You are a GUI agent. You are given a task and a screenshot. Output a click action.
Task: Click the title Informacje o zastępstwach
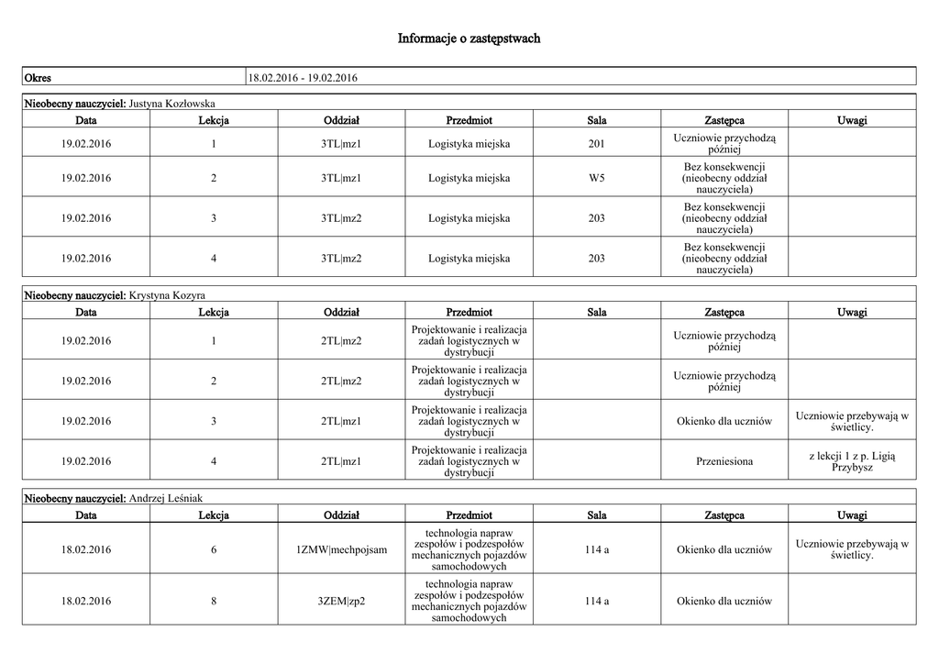click(469, 39)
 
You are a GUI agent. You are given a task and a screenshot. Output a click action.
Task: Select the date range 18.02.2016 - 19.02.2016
click(303, 77)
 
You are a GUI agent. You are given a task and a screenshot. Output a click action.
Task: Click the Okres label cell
click(38, 77)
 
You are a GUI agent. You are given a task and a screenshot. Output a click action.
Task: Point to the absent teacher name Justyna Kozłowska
click(172, 103)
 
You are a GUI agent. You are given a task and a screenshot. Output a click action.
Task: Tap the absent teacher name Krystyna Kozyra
click(167, 295)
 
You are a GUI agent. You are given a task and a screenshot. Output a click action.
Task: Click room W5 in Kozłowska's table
click(596, 178)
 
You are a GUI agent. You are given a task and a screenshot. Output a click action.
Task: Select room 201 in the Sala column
click(596, 143)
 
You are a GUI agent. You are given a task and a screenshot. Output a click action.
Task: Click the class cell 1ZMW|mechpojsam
click(341, 549)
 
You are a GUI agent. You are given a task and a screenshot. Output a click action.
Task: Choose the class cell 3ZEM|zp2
click(341, 601)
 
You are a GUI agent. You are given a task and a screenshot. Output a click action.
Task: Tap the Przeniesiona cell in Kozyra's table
click(724, 461)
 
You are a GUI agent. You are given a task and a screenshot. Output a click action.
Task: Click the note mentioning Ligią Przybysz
click(851, 461)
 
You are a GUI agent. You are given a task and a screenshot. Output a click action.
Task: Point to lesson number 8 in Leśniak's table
click(214, 601)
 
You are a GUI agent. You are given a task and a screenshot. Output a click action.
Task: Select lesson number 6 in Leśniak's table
click(214, 549)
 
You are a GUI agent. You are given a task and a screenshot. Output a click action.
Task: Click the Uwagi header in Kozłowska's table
click(851, 120)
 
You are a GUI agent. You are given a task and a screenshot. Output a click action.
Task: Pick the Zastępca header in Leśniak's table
click(724, 515)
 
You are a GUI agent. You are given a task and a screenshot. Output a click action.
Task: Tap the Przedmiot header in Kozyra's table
click(469, 313)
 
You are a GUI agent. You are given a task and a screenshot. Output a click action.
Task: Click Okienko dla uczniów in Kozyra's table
click(724, 421)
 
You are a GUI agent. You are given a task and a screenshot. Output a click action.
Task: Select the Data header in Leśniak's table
click(86, 515)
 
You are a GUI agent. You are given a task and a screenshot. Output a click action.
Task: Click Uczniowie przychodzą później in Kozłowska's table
click(724, 143)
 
